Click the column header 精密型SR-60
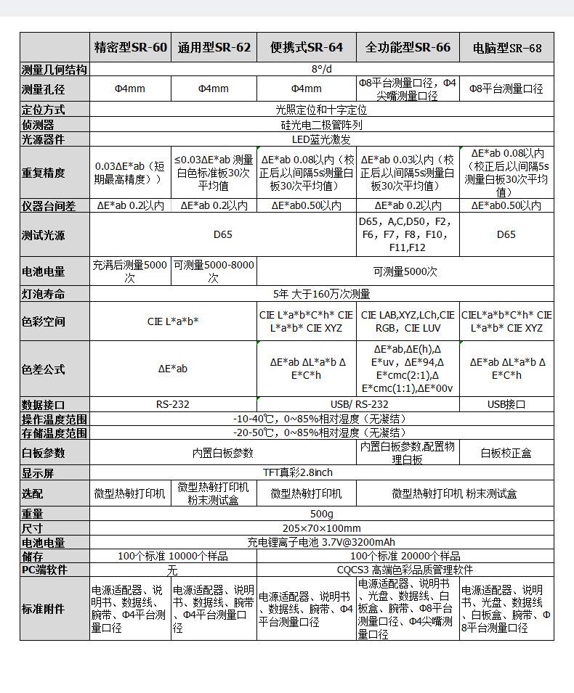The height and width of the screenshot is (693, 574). [x=131, y=48]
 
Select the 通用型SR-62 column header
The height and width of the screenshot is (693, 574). [x=214, y=48]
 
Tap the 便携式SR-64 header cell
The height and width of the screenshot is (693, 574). [x=306, y=48]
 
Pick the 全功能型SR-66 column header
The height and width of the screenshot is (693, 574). [x=408, y=48]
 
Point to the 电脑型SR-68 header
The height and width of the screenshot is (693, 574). [x=506, y=49]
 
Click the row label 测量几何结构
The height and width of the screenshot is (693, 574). [x=54, y=70]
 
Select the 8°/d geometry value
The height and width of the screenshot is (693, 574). [x=321, y=70]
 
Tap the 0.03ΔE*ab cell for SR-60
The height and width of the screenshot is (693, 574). [x=130, y=173]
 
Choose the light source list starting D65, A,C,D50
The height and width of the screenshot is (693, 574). [x=408, y=234]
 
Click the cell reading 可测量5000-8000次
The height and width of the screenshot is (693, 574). [x=214, y=271]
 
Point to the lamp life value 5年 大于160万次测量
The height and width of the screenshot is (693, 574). [x=321, y=294]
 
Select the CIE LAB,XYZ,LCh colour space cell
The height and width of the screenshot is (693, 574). [x=408, y=321]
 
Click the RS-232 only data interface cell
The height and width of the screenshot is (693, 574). [x=173, y=404]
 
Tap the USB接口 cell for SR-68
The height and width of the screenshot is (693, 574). [x=506, y=404]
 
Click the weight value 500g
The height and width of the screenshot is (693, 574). [x=321, y=514]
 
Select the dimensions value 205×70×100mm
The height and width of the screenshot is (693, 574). [x=321, y=528]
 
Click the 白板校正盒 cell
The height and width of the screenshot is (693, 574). [x=506, y=453]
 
